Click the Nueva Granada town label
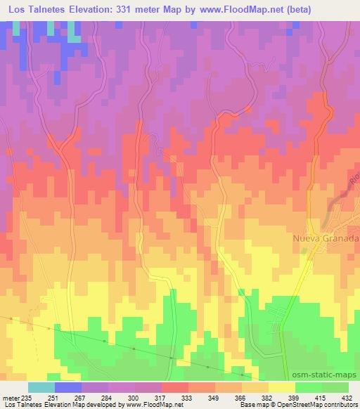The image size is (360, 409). click(326, 239)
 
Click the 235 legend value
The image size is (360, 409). click(26, 397)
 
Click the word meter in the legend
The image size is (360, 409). click(10, 397)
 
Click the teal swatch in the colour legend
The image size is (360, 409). click(41, 387)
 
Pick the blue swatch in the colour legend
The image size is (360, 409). click(67, 387)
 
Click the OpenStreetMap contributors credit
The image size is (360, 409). click(317, 405)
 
